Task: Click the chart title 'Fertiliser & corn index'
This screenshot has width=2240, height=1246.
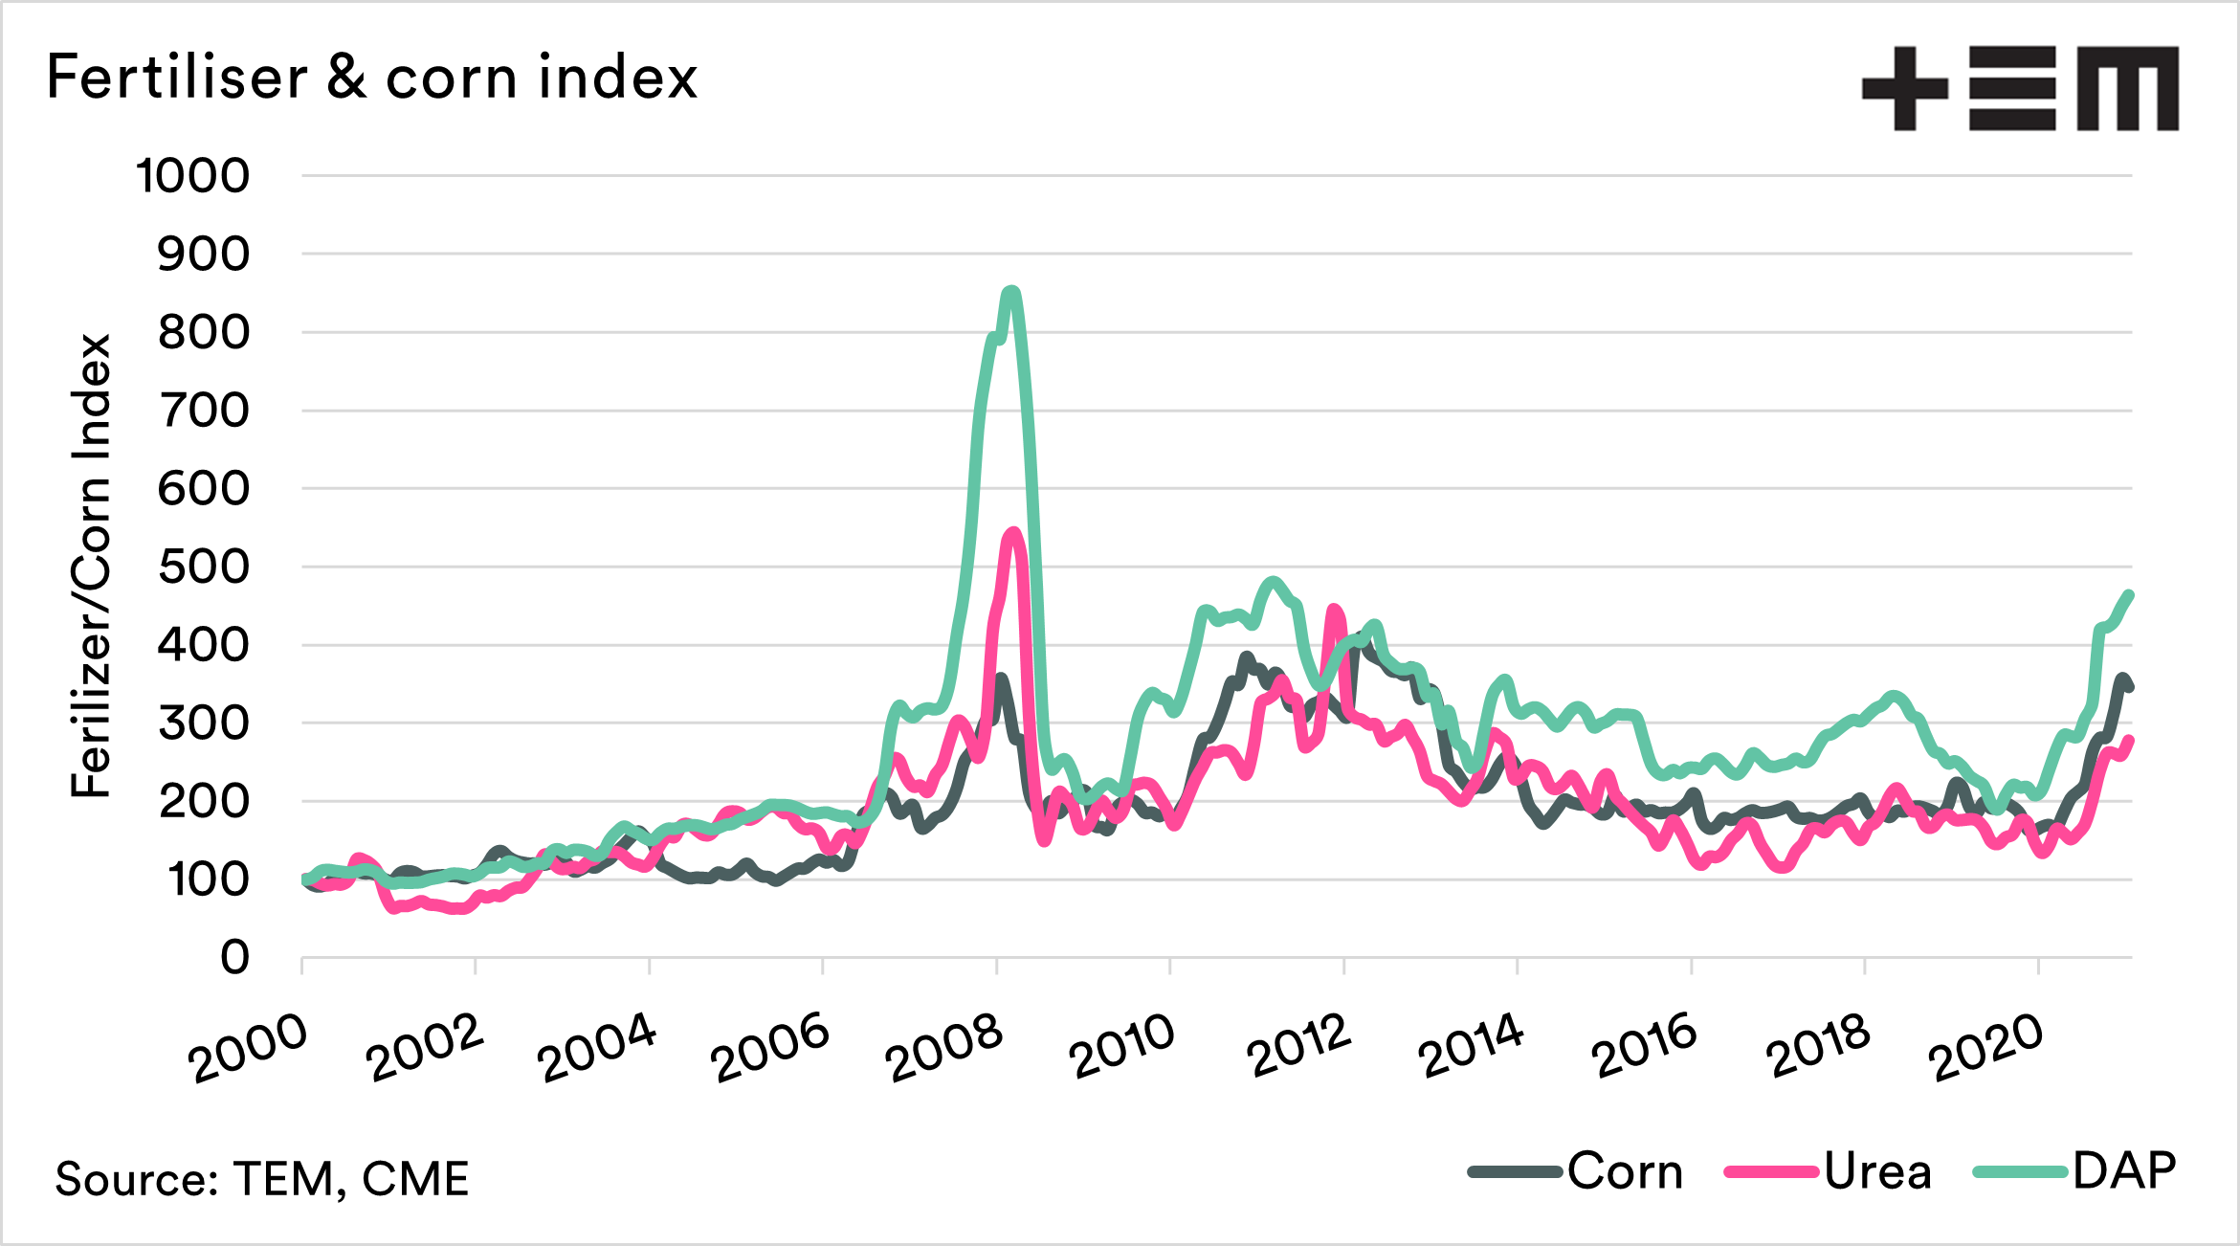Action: pyautogui.click(x=371, y=78)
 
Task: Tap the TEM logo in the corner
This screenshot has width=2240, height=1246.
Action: pyautogui.click(x=2019, y=88)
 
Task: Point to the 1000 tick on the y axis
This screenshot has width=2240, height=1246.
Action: pyautogui.click(x=192, y=176)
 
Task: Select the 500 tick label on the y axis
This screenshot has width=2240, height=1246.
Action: pyautogui.click(x=203, y=567)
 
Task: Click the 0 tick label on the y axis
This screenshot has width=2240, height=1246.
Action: pyautogui.click(x=234, y=957)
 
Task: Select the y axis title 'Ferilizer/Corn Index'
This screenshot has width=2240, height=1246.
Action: pyautogui.click(x=92, y=567)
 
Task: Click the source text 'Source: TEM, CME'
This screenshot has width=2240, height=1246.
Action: pyautogui.click(x=261, y=1178)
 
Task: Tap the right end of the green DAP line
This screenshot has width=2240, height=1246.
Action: pyautogui.click(x=2130, y=594)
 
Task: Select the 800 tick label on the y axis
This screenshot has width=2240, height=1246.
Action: pyautogui.click(x=203, y=333)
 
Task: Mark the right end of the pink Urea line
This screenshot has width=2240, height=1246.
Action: pyautogui.click(x=2130, y=739)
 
